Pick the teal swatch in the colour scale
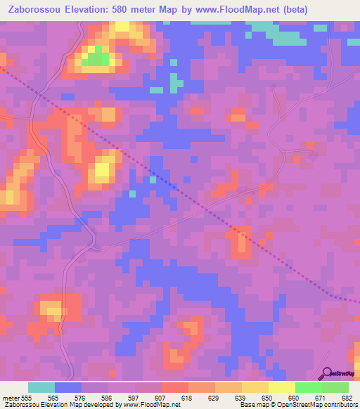[x=41, y=387]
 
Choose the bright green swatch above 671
[x=308, y=387]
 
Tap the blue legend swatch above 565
[x=68, y=387]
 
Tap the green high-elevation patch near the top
[x=96, y=60]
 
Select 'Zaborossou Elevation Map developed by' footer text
[x=60, y=405]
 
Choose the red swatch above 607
[x=175, y=387]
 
